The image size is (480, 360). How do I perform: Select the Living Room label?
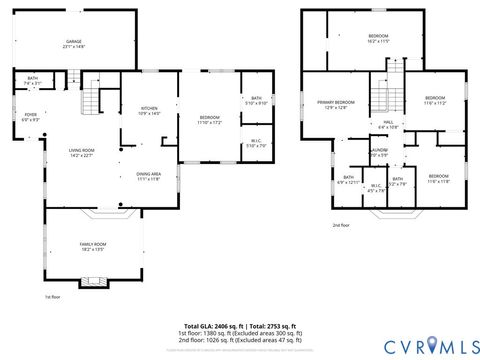[x=82, y=153]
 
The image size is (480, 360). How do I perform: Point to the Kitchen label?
[x=149, y=110]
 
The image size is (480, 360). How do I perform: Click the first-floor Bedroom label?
[x=209, y=120]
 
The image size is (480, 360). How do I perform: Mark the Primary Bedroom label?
[x=337, y=105]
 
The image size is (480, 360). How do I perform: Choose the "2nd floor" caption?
[x=341, y=225]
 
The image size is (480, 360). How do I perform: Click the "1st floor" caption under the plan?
[x=53, y=297]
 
